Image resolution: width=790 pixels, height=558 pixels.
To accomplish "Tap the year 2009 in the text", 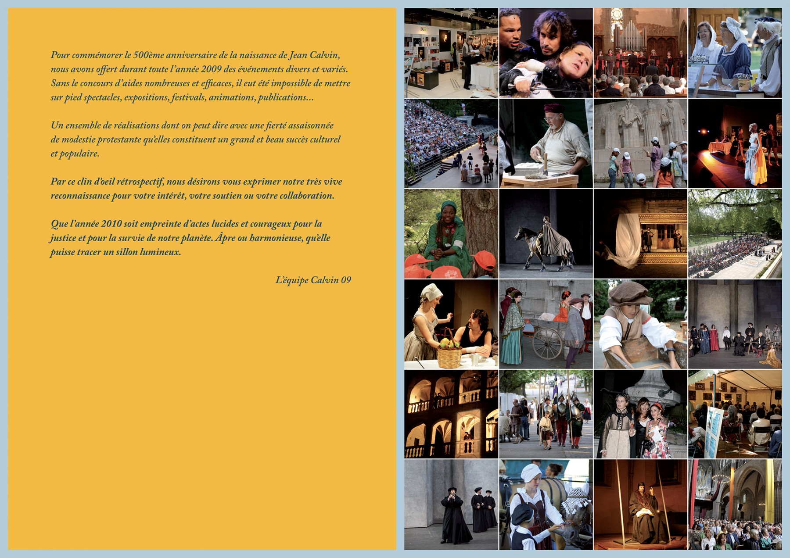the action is (x=211, y=69).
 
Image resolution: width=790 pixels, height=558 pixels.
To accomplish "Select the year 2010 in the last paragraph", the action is (x=111, y=224).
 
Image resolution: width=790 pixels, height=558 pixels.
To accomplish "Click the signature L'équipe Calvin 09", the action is (x=313, y=280).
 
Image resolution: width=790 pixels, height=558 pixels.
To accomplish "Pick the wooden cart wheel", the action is (x=547, y=343).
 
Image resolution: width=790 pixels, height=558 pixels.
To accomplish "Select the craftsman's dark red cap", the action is (x=554, y=108).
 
